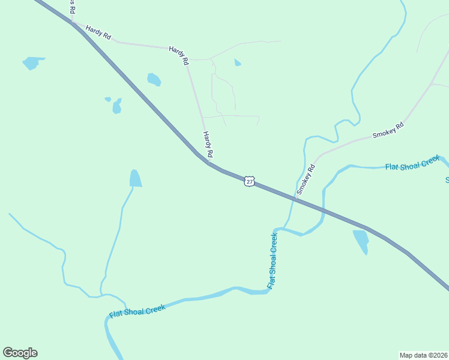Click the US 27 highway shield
pos(250,181)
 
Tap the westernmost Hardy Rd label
pos(98,32)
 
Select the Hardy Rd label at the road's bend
pos(179,55)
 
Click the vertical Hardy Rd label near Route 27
pos(208,145)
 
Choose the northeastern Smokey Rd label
pos(388,130)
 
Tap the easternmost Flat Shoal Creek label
pos(412,163)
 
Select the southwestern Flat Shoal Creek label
pos(137,311)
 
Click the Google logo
pos(20,353)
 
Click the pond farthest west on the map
pos(32,62)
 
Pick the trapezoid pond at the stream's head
pos(136,179)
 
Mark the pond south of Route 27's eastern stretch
pos(361,241)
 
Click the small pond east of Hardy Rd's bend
pos(238,62)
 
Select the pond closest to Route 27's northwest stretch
pos(154,79)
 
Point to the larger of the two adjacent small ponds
pos(117,107)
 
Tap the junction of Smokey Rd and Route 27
pos(295,197)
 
